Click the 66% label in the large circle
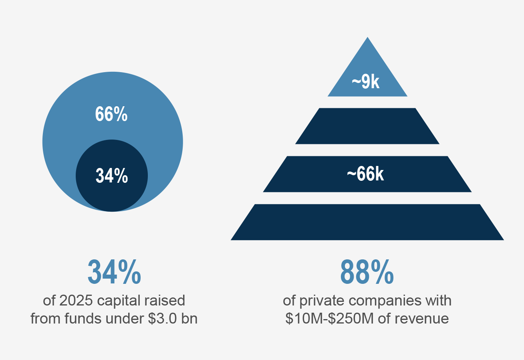111,114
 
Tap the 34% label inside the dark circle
112,176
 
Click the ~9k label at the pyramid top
365,82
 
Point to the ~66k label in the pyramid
365,174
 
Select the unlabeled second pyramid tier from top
367,126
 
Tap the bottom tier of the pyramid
367,222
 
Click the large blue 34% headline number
114,272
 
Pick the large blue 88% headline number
367,272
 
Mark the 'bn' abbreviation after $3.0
189,319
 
